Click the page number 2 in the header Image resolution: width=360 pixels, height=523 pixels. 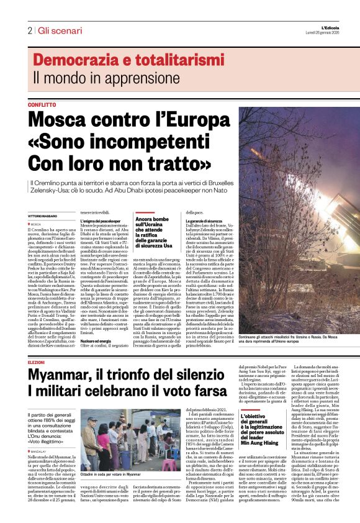[x=29, y=30]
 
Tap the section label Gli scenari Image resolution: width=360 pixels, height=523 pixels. [x=60, y=30]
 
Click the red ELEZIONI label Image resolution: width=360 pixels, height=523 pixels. [x=37, y=362]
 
